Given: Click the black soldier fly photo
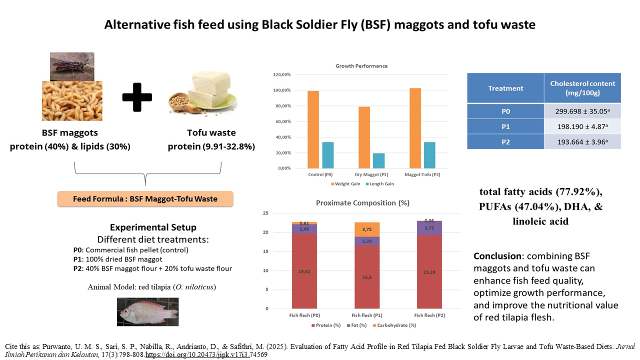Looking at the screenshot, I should point(71,66).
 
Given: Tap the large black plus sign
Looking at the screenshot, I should point(137,97).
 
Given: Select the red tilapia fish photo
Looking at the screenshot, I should point(147,311).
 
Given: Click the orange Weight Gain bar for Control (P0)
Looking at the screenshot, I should point(313,129).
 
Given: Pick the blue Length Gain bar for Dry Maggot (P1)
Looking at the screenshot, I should point(379,160).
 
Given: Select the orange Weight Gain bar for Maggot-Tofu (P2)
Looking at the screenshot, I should point(415,128).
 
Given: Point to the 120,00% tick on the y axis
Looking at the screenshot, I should point(280,74).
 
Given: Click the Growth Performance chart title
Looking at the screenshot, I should point(361,66).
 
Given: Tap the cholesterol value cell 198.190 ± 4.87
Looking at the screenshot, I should point(582,126).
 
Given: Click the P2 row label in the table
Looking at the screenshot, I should point(505,141).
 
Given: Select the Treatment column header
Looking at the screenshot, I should point(505,88).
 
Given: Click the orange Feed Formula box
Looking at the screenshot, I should point(145,198).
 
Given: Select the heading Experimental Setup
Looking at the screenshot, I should point(145,227).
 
